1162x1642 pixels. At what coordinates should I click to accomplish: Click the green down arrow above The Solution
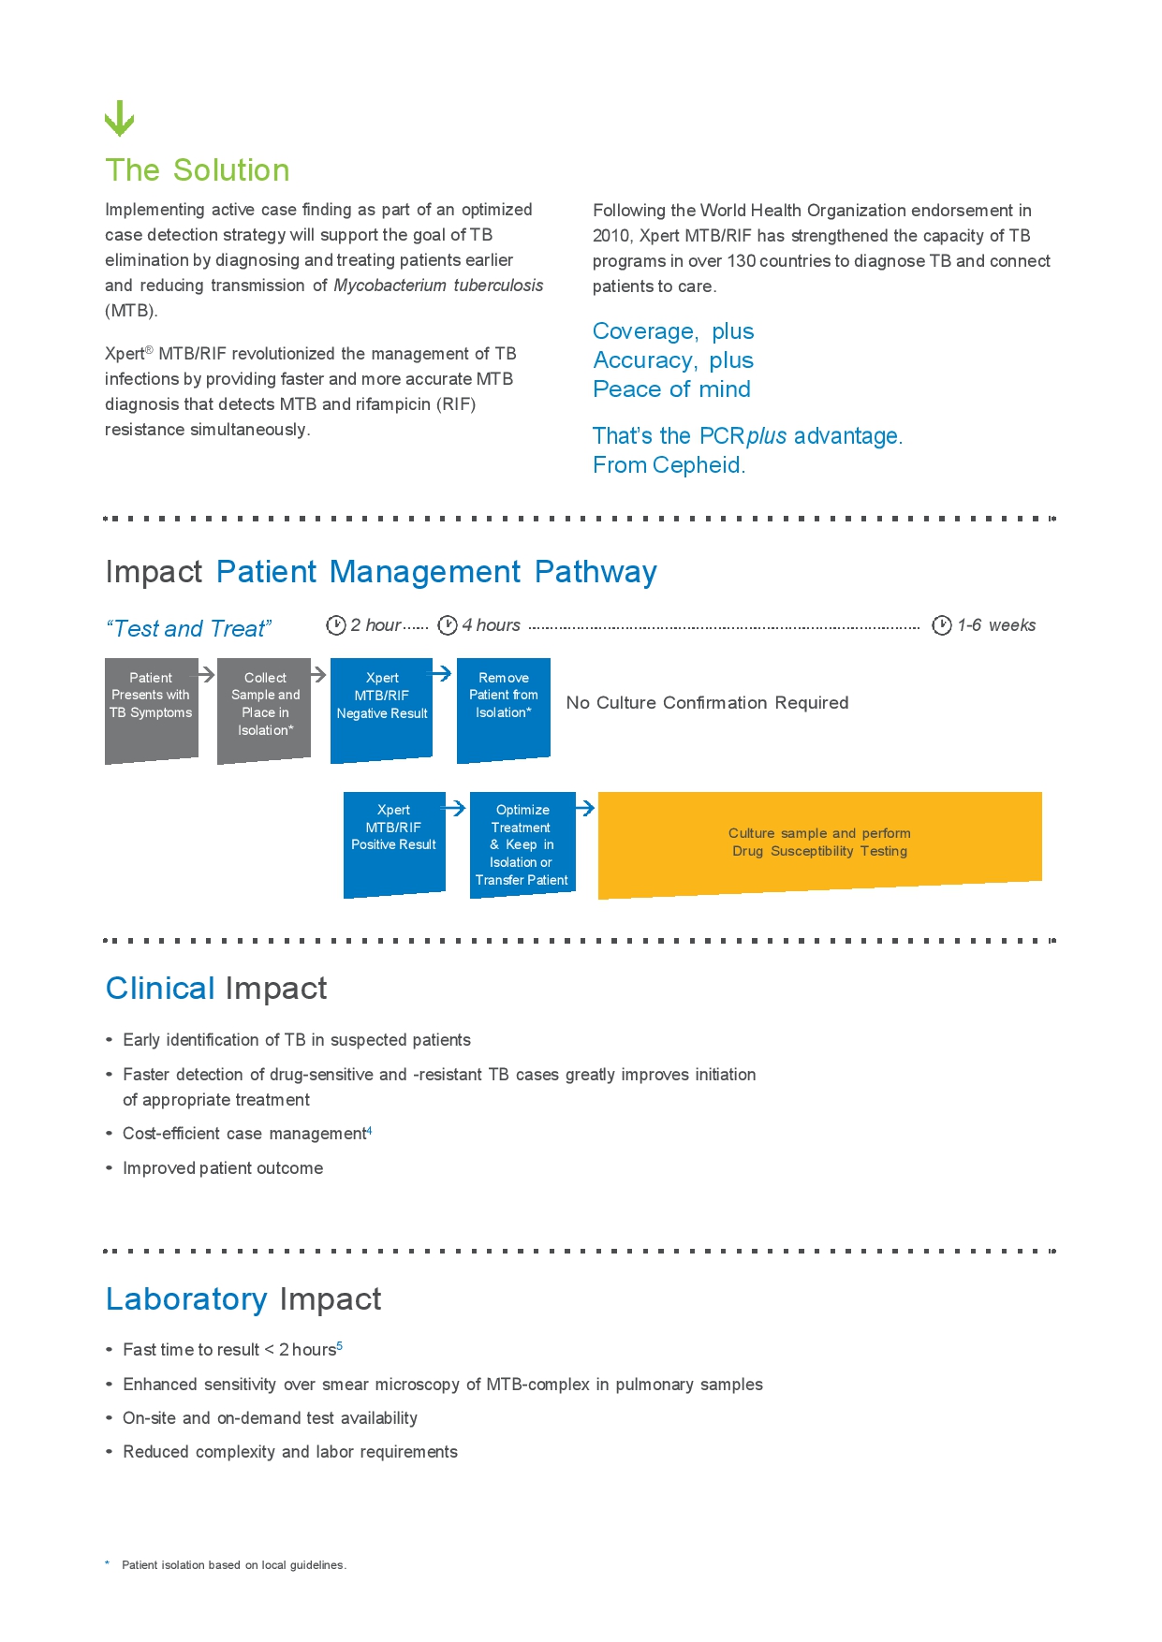(x=119, y=118)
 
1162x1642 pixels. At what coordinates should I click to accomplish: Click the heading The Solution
(x=198, y=170)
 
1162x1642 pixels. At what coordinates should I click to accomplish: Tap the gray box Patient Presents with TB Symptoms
(x=151, y=709)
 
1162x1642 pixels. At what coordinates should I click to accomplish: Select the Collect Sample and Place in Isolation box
(x=264, y=709)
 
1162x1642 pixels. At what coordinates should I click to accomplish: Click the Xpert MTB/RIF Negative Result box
(x=381, y=709)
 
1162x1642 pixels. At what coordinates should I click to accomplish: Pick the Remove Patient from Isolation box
(x=503, y=709)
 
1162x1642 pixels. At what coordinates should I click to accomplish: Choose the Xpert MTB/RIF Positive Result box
(x=393, y=843)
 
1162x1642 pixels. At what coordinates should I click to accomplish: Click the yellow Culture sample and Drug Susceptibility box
(x=819, y=843)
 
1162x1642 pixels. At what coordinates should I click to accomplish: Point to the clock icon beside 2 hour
(x=336, y=625)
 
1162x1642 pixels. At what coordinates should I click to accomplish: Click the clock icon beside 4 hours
(x=448, y=625)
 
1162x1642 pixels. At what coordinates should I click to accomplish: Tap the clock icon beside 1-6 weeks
(x=942, y=625)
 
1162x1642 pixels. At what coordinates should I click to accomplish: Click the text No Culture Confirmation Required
(x=707, y=703)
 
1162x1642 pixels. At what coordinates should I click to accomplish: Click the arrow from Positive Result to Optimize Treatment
(x=454, y=807)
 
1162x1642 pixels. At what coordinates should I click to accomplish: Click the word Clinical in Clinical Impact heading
(x=160, y=989)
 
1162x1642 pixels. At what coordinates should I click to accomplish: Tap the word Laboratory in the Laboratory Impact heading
(x=186, y=1299)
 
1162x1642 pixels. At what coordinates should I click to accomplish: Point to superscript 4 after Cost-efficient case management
(x=370, y=1131)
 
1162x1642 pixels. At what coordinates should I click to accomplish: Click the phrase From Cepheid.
(x=669, y=465)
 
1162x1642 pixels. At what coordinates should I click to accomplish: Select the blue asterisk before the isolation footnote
(x=108, y=1563)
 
